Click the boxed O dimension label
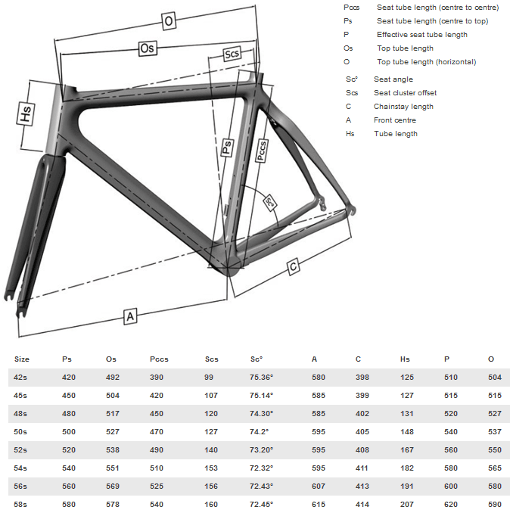[x=169, y=21]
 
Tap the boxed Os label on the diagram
[x=148, y=48]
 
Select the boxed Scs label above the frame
[x=232, y=53]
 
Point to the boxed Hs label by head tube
[x=26, y=113]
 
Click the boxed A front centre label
[x=130, y=316]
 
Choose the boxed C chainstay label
[x=294, y=266]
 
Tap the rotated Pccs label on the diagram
[x=261, y=151]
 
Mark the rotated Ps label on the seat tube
[x=227, y=147]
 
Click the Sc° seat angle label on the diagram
[x=270, y=203]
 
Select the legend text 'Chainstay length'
[x=403, y=107]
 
